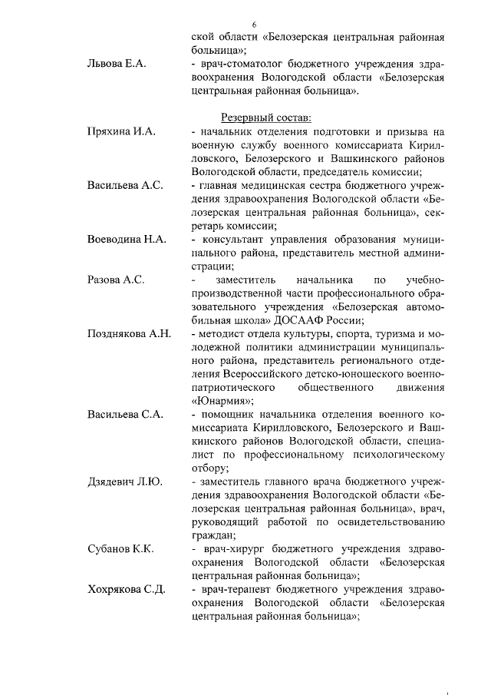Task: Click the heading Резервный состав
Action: [266, 117]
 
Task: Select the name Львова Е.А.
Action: [117, 63]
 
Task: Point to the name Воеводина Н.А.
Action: [127, 240]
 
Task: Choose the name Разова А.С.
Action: [117, 280]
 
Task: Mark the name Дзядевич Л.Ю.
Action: [124, 482]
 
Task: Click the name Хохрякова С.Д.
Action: [127, 589]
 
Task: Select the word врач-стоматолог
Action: [241, 64]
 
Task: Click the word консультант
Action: [232, 240]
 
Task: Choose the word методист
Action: [221, 334]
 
